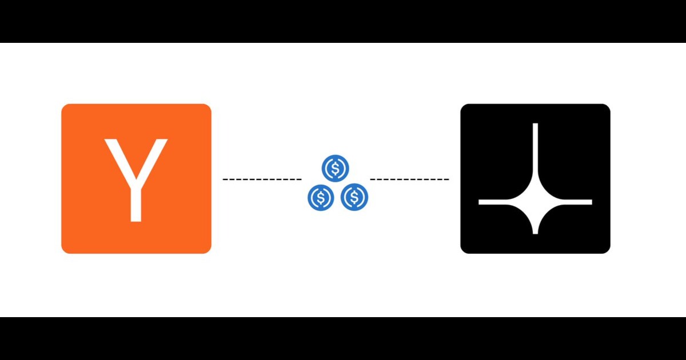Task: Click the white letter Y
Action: pyautogui.click(x=135, y=183)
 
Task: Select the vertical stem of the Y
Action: pyautogui.click(x=135, y=203)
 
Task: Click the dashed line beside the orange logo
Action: pyautogui.click(x=262, y=179)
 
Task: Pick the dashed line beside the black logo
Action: pyautogui.click(x=409, y=179)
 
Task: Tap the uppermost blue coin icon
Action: pyautogui.click(x=336, y=169)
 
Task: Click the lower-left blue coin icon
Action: pyautogui.click(x=321, y=197)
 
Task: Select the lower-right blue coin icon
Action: pyautogui.click(x=354, y=197)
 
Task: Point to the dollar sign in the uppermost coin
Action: pyautogui.click(x=336, y=169)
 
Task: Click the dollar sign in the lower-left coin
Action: pyautogui.click(x=321, y=197)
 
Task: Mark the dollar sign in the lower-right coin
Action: pyautogui.click(x=354, y=197)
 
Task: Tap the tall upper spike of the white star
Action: pyautogui.click(x=535, y=149)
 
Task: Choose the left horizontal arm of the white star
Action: pyautogui.click(x=497, y=202)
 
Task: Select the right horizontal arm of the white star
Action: pyautogui.click(x=572, y=202)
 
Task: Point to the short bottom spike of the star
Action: pyautogui.click(x=535, y=226)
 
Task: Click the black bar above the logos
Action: pyautogui.click(x=343, y=21)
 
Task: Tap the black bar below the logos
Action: pyautogui.click(x=343, y=338)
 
